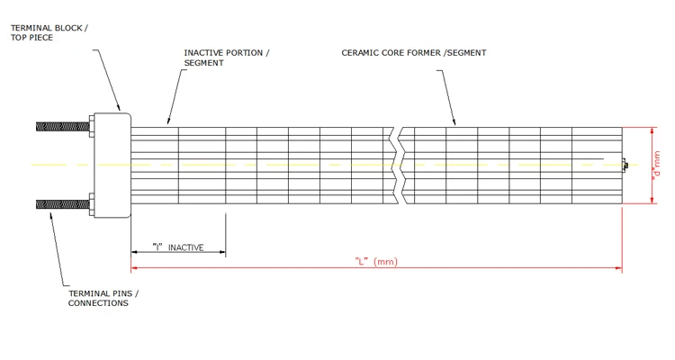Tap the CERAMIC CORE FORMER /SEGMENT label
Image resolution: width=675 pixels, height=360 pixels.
pos(413,52)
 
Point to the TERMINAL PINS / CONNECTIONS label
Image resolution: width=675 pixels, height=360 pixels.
pos(103,298)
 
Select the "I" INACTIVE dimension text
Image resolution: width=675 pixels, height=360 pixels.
pos(177,247)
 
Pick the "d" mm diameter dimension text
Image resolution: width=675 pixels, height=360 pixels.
pos(656,166)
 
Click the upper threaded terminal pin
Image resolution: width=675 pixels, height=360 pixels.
pos(63,125)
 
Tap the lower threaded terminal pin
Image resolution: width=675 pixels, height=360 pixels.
pos(63,203)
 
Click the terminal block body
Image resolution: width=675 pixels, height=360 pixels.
pos(112,165)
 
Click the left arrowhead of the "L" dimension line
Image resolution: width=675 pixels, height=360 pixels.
pos(134,268)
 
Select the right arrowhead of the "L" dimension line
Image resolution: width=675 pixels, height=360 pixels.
pos(619,268)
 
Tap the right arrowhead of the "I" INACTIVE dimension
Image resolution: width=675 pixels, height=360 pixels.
pos(223,253)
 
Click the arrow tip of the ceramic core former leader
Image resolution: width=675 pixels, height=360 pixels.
pos(454,124)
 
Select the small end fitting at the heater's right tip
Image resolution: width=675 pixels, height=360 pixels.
pos(624,165)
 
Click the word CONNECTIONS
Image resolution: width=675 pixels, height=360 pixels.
pos(98,303)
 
